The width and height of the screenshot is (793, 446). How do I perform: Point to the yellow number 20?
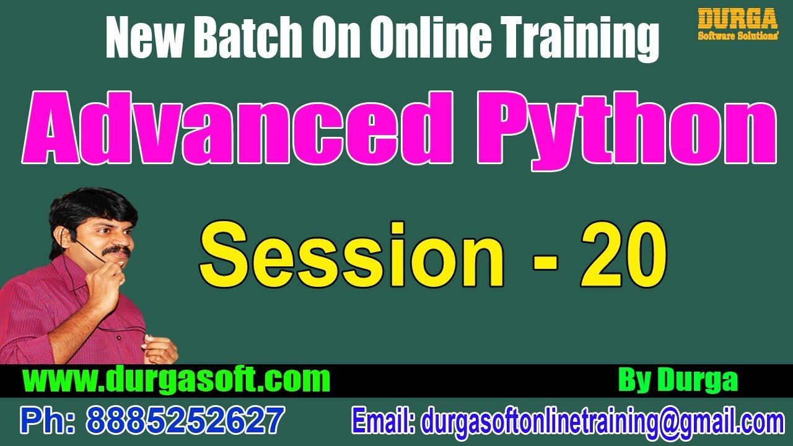[623, 255]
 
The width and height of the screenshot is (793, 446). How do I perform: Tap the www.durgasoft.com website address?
[176, 379]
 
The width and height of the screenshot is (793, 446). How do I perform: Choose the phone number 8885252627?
[186, 421]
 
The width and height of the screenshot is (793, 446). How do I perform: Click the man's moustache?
[116, 251]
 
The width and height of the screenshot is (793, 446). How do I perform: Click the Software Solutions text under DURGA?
[738, 36]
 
